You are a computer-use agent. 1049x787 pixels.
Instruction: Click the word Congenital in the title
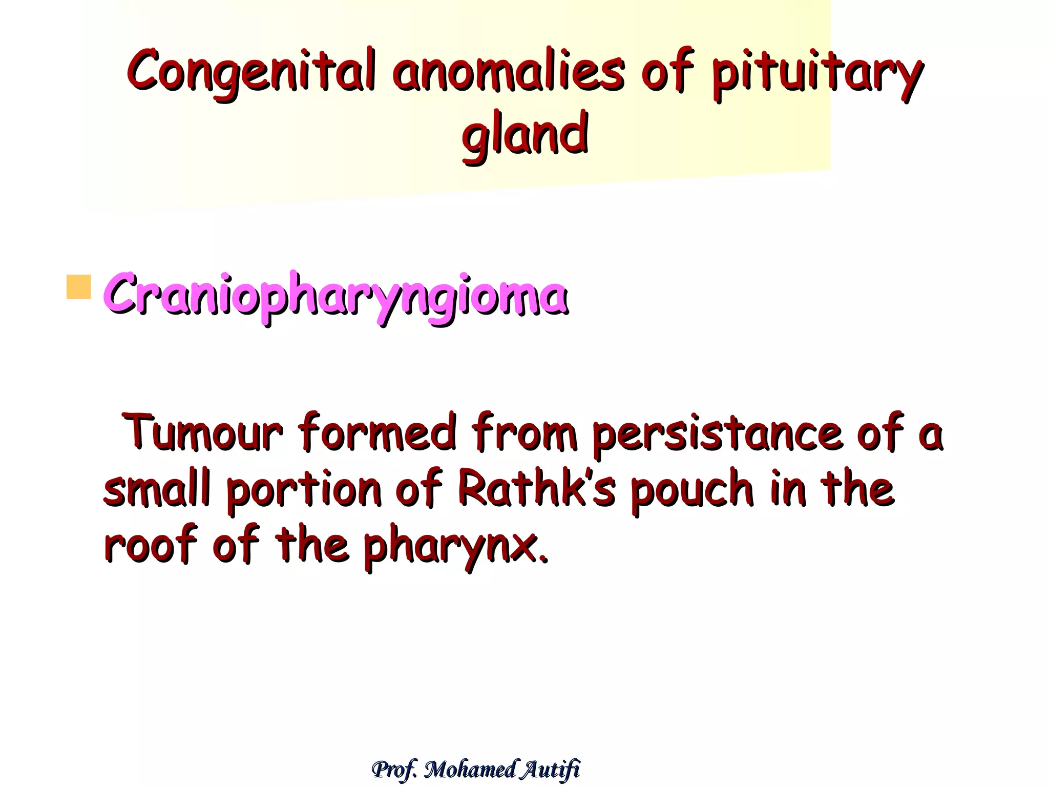coord(251,72)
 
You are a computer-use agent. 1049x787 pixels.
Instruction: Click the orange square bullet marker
coord(78,287)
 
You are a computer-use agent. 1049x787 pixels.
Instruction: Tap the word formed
coord(376,433)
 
